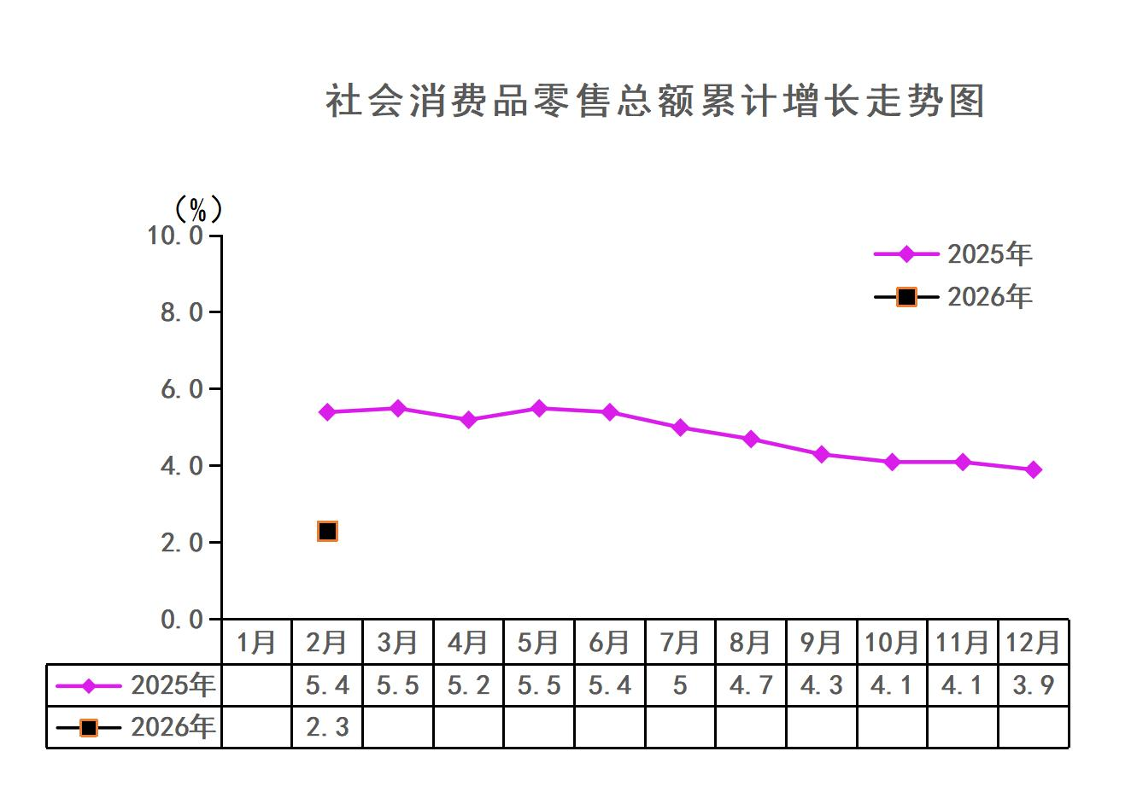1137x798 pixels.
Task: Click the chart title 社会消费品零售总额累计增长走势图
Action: pos(655,101)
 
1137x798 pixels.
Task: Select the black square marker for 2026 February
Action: pos(327,531)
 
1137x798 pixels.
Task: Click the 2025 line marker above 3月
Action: pos(398,409)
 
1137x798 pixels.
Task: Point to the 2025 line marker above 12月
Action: pos(1034,469)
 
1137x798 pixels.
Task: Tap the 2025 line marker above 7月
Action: pos(681,428)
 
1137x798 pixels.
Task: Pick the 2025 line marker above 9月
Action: pos(822,455)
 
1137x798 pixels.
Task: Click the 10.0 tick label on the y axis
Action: pos(176,236)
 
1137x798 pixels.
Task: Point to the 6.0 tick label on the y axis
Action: pos(182,389)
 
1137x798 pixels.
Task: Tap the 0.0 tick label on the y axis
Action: pos(182,620)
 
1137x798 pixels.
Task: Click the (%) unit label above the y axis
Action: pos(198,208)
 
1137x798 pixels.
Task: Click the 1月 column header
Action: pos(256,643)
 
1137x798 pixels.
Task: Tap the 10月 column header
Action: pos(892,643)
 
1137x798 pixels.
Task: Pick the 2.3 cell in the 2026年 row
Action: pos(327,727)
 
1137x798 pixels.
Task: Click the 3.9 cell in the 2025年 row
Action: pos(1034,685)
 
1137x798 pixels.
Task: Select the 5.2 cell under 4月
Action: pos(468,685)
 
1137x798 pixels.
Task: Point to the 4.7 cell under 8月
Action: pos(751,685)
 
